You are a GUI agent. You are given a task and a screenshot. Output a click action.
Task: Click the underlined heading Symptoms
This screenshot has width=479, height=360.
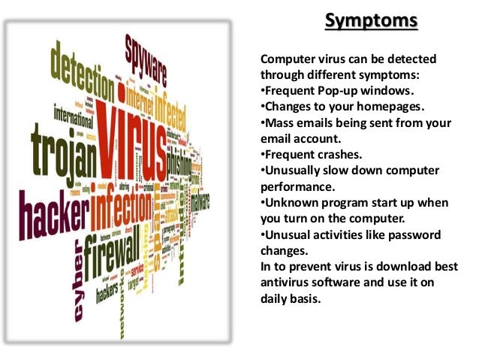coord(371,20)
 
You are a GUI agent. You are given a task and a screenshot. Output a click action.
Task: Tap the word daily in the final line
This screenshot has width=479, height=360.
coord(276,299)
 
